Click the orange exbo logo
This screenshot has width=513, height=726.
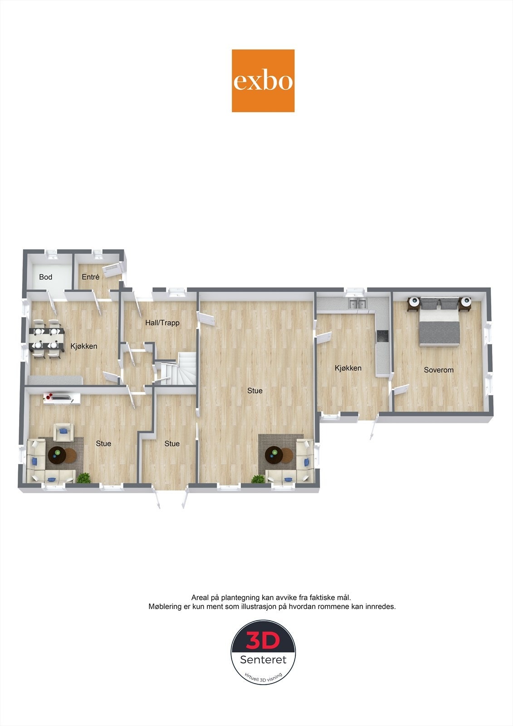(x=263, y=81)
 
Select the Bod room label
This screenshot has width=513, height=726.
(x=45, y=277)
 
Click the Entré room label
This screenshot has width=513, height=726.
(x=90, y=277)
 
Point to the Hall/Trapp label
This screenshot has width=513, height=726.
(x=162, y=323)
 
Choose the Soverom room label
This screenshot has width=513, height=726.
(x=439, y=370)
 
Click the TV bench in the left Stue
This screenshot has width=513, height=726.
(x=62, y=398)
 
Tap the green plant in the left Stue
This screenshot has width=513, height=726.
(x=84, y=478)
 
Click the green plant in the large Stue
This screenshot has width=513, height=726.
(x=258, y=479)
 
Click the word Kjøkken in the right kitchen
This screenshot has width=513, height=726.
(x=348, y=368)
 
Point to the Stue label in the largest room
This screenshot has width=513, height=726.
(x=255, y=391)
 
